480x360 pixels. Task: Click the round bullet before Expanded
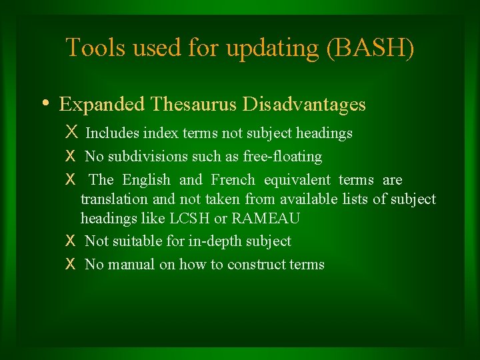click(44, 104)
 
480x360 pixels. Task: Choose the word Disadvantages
click(304, 105)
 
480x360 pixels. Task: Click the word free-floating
click(284, 157)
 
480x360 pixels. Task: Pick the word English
click(146, 180)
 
